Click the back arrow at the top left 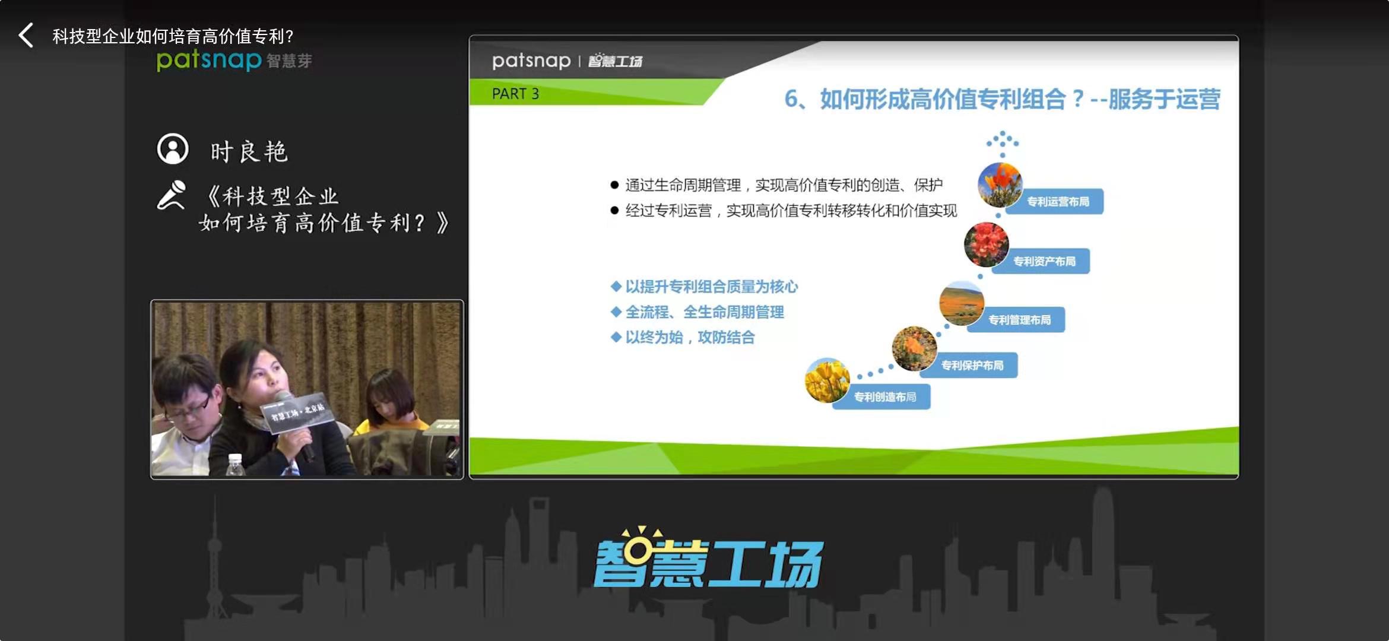point(26,36)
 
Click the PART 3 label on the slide point(515,94)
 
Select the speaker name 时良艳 point(249,152)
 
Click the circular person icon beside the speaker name point(173,148)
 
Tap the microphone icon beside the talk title point(172,195)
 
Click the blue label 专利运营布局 point(1058,202)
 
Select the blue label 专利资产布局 point(1044,261)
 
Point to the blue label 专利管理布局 point(1019,320)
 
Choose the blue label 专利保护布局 point(972,365)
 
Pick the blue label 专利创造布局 point(884,396)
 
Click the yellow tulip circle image point(827,380)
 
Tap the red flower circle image point(986,245)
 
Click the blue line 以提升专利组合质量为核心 point(705,287)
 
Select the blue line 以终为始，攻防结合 point(683,337)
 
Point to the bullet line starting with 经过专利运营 point(784,211)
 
